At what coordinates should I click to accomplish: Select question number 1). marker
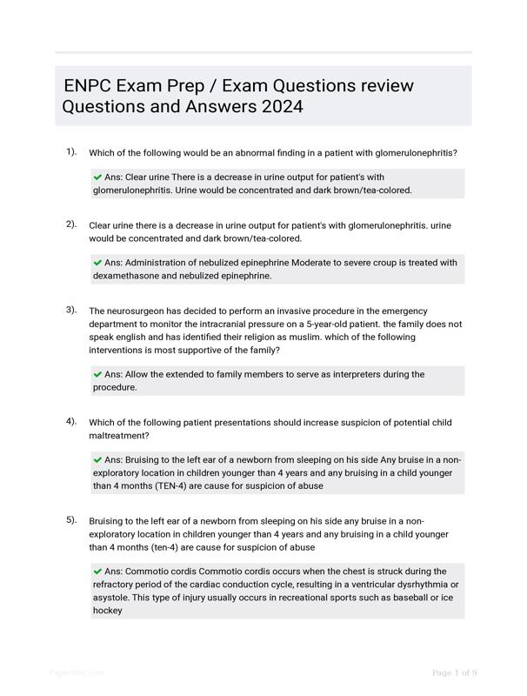point(71,151)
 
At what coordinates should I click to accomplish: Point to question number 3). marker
point(71,309)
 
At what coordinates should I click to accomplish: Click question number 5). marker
point(71,519)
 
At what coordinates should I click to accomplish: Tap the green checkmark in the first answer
point(97,177)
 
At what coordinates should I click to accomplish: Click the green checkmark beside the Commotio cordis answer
point(97,571)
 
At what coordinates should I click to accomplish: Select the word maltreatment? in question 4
point(120,435)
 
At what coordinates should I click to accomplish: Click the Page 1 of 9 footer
point(454,673)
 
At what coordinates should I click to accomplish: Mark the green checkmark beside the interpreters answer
point(97,374)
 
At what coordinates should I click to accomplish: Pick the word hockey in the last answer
point(108,611)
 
